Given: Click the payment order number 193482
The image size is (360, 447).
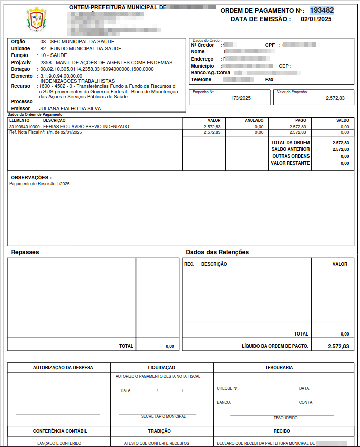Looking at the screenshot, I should click(x=322, y=10).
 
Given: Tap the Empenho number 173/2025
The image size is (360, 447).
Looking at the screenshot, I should click(x=241, y=98).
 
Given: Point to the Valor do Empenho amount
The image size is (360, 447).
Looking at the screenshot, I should click(x=335, y=98).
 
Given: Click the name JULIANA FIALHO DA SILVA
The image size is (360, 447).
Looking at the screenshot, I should click(x=71, y=108).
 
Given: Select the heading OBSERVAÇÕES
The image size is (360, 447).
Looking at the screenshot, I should click(x=31, y=178).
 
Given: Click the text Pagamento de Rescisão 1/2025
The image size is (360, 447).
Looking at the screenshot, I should click(x=39, y=184).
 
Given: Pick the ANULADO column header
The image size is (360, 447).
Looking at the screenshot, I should click(x=254, y=120).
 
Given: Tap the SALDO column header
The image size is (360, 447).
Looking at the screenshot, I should click(x=342, y=120).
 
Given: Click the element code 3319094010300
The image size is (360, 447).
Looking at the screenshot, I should click(x=24, y=127).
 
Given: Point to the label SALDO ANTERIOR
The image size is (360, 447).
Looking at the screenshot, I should click(x=290, y=149).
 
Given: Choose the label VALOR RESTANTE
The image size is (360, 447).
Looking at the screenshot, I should click(x=290, y=163).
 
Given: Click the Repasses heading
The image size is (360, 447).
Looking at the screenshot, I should click(x=25, y=252).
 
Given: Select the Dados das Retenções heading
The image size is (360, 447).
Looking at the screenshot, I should click(x=217, y=252).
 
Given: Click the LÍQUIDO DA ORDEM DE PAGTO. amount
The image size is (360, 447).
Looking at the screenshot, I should click(x=338, y=346).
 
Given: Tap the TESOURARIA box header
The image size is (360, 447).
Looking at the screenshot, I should click(x=281, y=368).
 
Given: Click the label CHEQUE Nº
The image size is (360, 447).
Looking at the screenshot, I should click(x=227, y=389).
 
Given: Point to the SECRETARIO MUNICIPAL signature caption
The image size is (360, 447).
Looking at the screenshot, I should click(x=163, y=416).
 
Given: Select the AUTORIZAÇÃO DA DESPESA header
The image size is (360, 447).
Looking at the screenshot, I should click(x=63, y=368).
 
